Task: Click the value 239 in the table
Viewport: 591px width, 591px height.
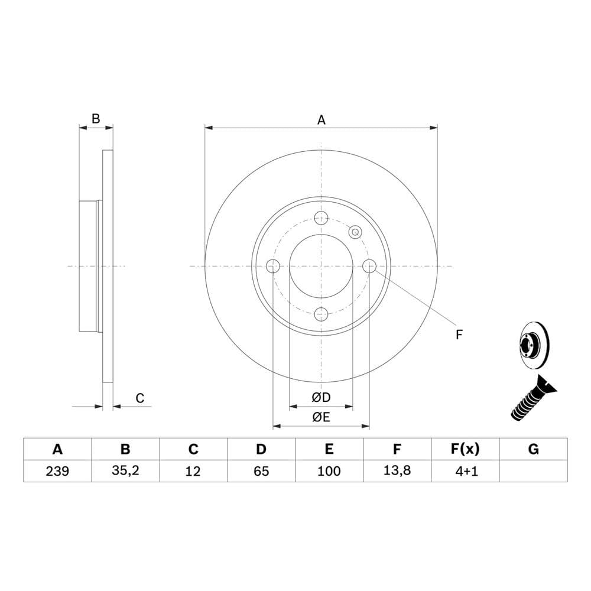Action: (57, 471)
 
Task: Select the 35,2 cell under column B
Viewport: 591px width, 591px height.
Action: (125, 470)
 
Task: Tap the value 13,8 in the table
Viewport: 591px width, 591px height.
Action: (397, 470)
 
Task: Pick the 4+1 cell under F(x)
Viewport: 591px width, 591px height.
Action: (466, 471)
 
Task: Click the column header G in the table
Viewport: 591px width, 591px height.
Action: (533, 449)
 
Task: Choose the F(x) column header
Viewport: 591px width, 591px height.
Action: (465, 449)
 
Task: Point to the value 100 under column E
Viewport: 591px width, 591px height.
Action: (329, 471)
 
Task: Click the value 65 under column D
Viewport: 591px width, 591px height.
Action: (261, 471)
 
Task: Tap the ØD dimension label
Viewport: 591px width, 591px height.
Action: (321, 397)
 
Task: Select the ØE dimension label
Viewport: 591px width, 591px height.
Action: (321, 417)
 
